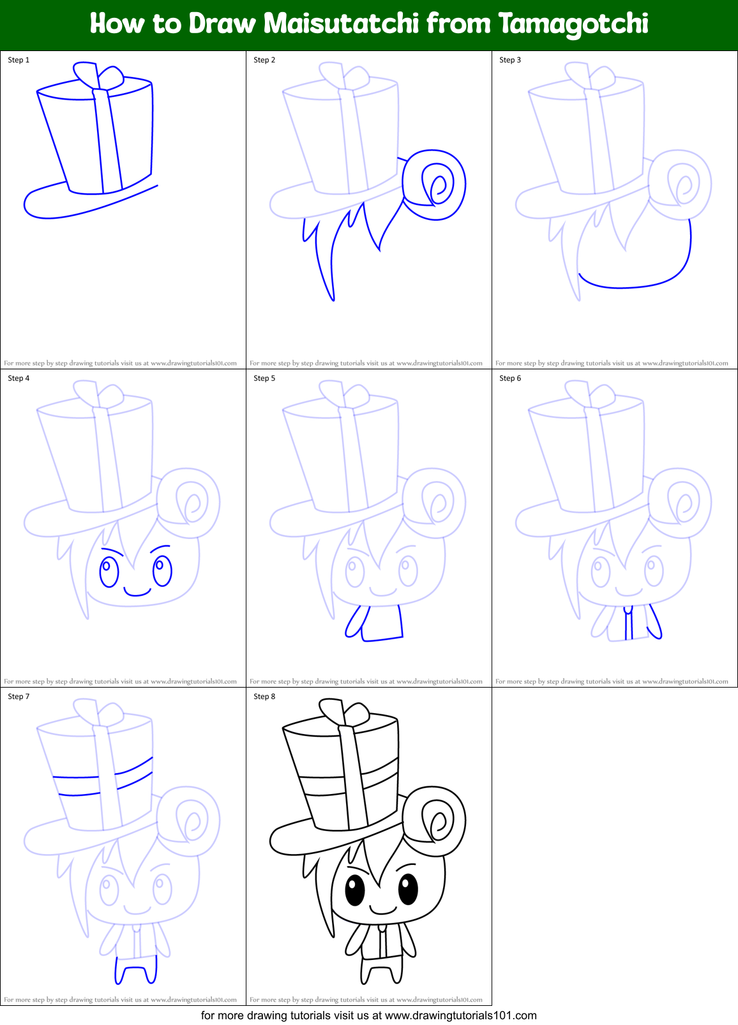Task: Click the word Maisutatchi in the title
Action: tap(341, 24)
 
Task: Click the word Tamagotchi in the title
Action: tap(573, 24)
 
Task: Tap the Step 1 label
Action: tap(19, 60)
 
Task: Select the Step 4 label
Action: tap(19, 378)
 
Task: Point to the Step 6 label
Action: tap(510, 378)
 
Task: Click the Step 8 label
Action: tap(264, 697)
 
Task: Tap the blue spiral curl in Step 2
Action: tap(435, 185)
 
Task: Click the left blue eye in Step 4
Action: tap(109, 571)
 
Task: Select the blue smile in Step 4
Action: tap(137, 593)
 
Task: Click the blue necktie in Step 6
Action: tap(628, 623)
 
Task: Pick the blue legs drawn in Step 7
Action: tap(135, 970)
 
